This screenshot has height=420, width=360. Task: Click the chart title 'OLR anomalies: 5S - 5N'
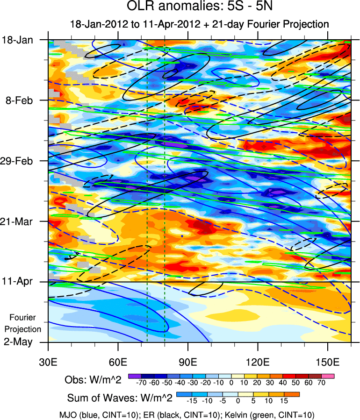pos(199,7)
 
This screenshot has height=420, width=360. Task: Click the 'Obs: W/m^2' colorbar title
pos(93,380)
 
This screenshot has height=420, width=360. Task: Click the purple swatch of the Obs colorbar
pos(135,375)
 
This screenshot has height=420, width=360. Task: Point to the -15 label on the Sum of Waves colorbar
pos(191,401)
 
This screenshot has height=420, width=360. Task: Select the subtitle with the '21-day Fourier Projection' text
pos(199,23)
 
